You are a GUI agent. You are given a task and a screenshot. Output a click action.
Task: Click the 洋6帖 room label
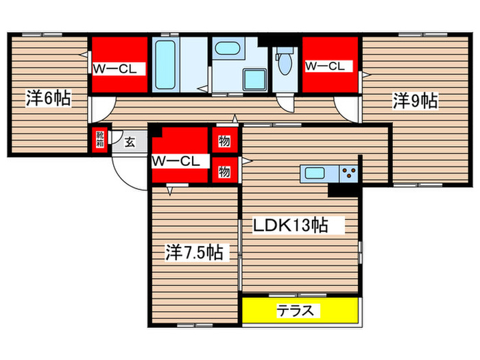(x=48, y=97)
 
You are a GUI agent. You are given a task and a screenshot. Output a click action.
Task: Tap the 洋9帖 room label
(x=416, y=101)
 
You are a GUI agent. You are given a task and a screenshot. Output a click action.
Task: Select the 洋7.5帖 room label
(x=193, y=252)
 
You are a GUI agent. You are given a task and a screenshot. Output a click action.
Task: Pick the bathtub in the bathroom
(x=165, y=65)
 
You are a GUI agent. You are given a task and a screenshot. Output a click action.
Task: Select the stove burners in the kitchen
(x=349, y=172)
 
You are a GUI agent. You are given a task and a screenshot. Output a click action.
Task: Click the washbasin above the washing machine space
(x=227, y=49)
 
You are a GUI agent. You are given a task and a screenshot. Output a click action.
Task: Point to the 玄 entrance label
(x=130, y=143)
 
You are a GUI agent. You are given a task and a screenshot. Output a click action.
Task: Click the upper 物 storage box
(x=224, y=141)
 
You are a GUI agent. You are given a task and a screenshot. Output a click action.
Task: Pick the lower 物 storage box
(x=224, y=171)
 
